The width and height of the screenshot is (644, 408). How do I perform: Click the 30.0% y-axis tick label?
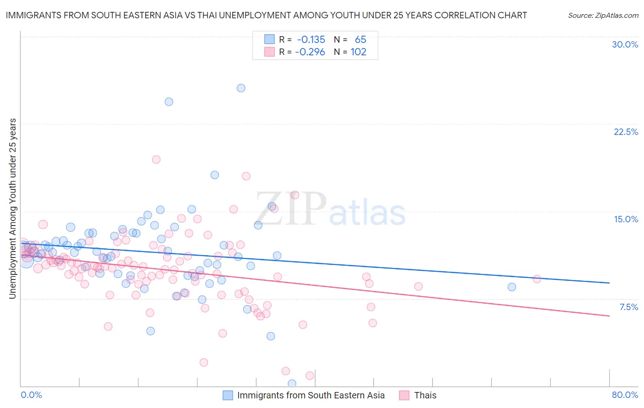pos(625,44)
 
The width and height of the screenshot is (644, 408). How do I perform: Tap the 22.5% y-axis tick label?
pos(626,132)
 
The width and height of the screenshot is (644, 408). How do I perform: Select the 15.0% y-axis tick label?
pos(626,219)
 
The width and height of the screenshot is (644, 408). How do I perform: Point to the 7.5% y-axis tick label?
pos(628,307)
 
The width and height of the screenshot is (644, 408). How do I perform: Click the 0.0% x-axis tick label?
pos(31,395)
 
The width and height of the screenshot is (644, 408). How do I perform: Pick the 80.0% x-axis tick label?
pos(625,395)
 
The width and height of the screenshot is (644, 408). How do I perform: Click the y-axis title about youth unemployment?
pos(12,209)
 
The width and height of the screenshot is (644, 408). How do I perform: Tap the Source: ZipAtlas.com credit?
pos(603,15)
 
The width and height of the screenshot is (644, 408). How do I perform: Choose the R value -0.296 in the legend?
pos(310,52)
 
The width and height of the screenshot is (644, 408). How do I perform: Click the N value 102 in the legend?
pos(358,52)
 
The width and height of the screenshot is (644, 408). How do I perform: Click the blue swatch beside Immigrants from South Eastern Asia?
pos(228,395)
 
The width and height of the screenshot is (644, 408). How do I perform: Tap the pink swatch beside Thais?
pos(404,395)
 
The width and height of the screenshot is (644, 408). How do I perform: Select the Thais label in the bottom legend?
pos(425,395)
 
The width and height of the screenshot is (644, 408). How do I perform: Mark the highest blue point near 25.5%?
pos(241,88)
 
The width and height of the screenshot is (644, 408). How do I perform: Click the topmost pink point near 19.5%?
pos(156,160)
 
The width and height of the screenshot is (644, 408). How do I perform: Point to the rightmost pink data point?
pos(537,279)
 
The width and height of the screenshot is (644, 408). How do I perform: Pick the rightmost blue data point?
pos(512,287)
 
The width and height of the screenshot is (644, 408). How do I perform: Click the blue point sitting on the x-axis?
pos(292,383)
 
